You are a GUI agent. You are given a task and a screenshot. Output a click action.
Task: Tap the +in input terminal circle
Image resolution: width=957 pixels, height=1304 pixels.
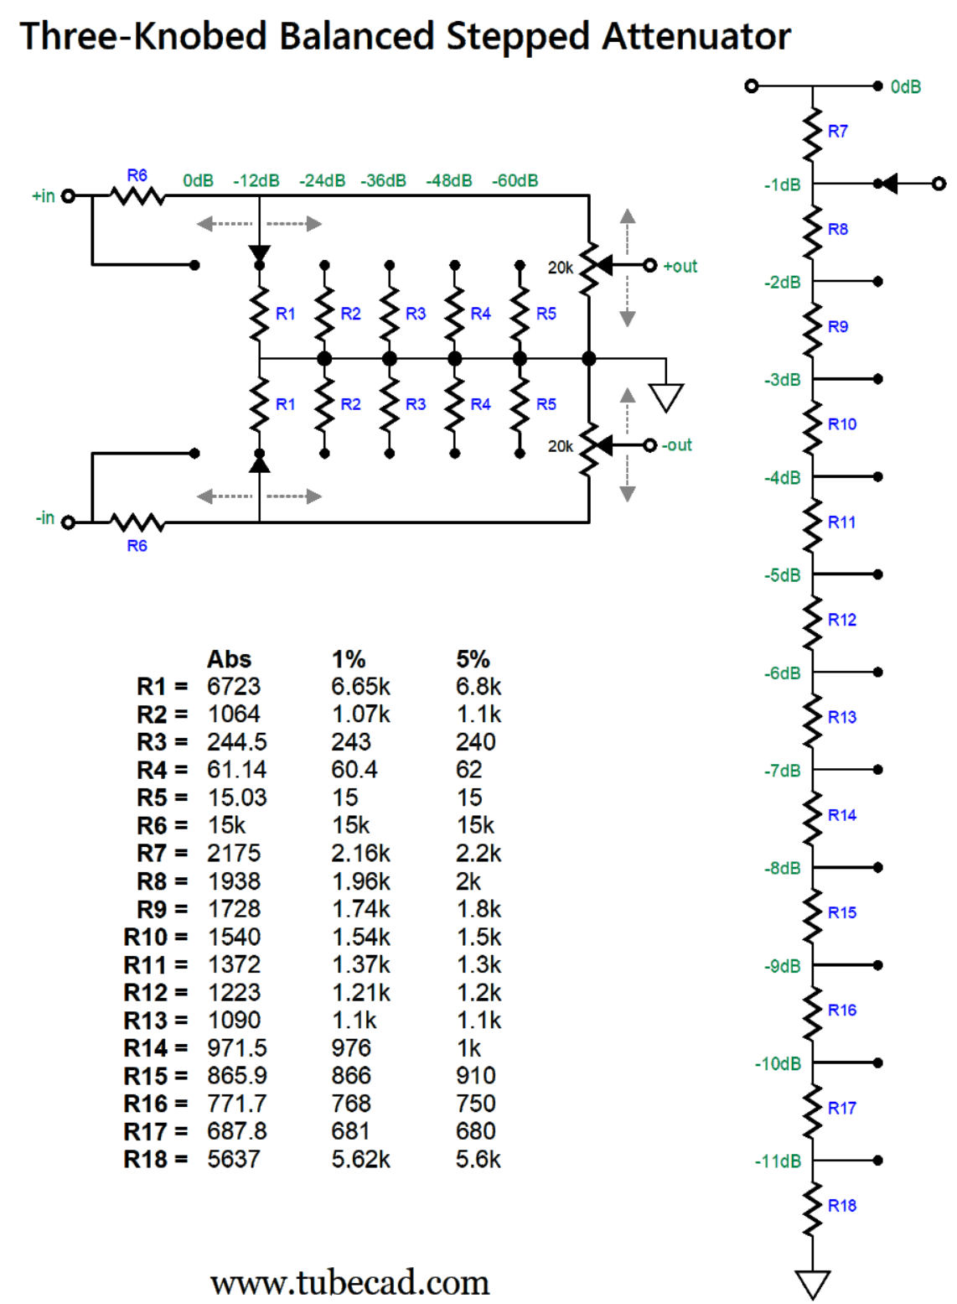pyautogui.click(x=68, y=196)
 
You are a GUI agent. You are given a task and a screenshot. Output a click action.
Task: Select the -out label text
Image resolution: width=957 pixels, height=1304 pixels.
pyautogui.click(x=676, y=444)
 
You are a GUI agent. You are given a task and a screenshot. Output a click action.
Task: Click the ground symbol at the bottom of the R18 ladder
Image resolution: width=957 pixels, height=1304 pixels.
pyautogui.click(x=812, y=1285)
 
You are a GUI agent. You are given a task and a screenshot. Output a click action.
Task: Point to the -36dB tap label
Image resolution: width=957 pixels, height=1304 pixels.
pyautogui.click(x=383, y=180)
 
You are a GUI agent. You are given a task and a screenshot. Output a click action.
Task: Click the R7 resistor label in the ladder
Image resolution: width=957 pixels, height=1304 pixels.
pyautogui.click(x=837, y=131)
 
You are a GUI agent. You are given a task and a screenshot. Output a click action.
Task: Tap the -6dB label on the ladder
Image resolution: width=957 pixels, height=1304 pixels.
pyautogui.click(x=782, y=673)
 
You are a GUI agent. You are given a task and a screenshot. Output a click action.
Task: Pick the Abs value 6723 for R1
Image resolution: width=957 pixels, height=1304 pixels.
pyautogui.click(x=233, y=686)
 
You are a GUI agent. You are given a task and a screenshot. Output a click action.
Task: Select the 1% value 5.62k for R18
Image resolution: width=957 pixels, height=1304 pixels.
pyautogui.click(x=360, y=1159)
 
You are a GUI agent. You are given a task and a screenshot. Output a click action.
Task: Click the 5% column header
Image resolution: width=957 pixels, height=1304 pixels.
pyautogui.click(x=473, y=659)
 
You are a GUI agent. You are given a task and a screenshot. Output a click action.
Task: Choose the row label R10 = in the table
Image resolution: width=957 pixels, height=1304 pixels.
pyautogui.click(x=155, y=938)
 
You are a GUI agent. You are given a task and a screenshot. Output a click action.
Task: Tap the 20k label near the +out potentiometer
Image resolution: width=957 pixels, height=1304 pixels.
pyautogui.click(x=561, y=268)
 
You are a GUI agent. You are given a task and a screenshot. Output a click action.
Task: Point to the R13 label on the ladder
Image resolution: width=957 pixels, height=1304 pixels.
pyautogui.click(x=842, y=717)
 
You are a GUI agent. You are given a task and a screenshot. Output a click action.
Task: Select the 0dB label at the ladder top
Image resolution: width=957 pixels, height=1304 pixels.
pyautogui.click(x=905, y=86)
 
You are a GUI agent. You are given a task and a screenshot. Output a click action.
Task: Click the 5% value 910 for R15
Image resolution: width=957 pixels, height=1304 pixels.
pyautogui.click(x=475, y=1075)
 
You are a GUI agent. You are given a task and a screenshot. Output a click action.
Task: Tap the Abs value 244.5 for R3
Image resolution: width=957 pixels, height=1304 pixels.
pyautogui.click(x=237, y=741)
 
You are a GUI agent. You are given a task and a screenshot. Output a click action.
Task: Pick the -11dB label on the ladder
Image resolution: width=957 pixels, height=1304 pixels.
pyautogui.click(x=777, y=1161)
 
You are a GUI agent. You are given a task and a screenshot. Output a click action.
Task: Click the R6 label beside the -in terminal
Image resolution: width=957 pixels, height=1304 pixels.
pyautogui.click(x=137, y=545)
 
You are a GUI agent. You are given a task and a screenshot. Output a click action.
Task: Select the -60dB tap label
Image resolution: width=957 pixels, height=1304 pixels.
pyautogui.click(x=515, y=180)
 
